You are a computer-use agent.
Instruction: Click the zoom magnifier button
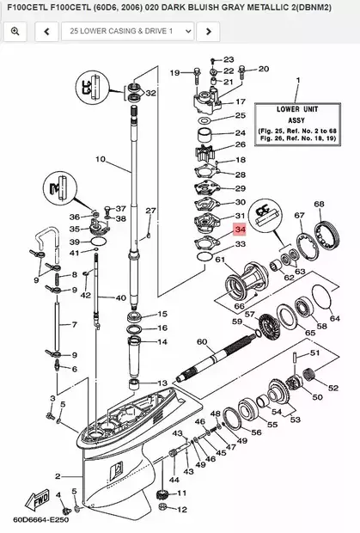tap(15, 32)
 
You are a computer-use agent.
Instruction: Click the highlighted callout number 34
tap(239, 230)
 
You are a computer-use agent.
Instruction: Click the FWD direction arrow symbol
tap(41, 499)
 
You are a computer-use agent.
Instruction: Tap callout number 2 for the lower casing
tap(57, 475)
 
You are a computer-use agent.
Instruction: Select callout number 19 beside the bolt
tap(174, 72)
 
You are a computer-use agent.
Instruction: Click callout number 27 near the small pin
tap(150, 211)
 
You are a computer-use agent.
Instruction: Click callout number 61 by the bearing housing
tap(220, 259)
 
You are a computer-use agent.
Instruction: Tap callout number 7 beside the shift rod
tap(74, 325)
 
